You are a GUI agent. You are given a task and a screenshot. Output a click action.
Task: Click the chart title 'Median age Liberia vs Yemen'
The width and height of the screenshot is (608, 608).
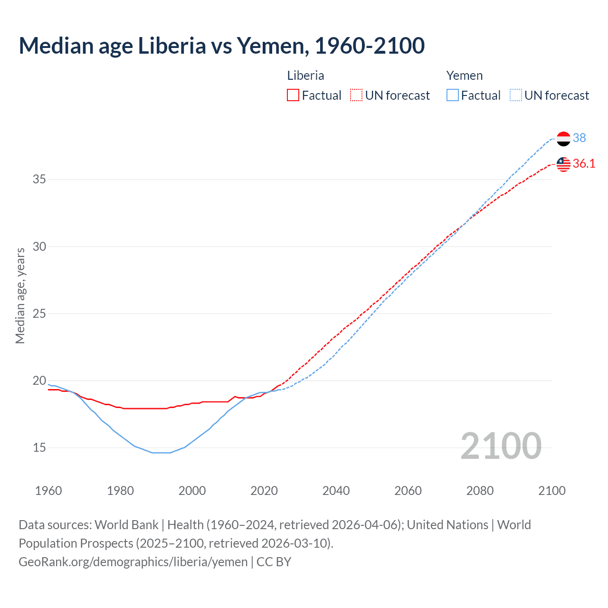pyautogui.click(x=221, y=46)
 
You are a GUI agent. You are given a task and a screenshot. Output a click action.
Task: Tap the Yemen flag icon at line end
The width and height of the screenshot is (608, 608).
pyautogui.click(x=563, y=139)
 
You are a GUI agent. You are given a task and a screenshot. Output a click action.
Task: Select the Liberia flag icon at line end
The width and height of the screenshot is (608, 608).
pyautogui.click(x=563, y=164)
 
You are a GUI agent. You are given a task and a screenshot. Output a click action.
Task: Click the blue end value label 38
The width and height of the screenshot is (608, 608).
pyautogui.click(x=579, y=138)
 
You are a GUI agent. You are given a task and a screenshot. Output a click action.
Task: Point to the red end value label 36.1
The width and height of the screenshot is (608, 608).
pyautogui.click(x=584, y=163)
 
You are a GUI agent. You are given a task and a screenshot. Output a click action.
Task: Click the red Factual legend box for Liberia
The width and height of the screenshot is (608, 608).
pyautogui.click(x=293, y=95)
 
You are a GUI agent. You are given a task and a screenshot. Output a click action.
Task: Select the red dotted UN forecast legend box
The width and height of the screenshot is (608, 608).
pyautogui.click(x=356, y=95)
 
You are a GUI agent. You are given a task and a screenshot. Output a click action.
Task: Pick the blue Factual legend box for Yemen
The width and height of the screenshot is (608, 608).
pyautogui.click(x=453, y=95)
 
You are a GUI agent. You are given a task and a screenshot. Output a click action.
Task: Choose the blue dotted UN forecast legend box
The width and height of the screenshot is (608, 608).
pyautogui.click(x=516, y=95)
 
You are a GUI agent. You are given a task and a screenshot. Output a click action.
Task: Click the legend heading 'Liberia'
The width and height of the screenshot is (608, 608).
pyautogui.click(x=305, y=76)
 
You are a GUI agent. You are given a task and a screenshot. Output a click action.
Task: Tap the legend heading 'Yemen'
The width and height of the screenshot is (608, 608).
pyautogui.click(x=464, y=76)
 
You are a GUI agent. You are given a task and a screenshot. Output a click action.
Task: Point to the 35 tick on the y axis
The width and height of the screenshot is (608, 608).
pyautogui.click(x=39, y=180)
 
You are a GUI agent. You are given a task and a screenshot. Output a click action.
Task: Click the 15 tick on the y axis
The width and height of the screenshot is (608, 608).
pyautogui.click(x=39, y=447)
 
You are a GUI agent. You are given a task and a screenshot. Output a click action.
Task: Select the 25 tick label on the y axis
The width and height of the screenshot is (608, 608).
pyautogui.click(x=39, y=313)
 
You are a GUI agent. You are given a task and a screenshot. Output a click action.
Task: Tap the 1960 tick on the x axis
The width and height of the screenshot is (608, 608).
pyautogui.click(x=48, y=491)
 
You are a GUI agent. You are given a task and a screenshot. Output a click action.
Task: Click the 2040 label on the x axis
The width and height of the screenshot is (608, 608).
pyautogui.click(x=336, y=491)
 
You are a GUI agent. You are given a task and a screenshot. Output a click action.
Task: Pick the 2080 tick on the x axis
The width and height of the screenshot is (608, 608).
pyautogui.click(x=480, y=491)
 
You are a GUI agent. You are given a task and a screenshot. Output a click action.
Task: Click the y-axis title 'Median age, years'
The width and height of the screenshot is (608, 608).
pyautogui.click(x=20, y=295)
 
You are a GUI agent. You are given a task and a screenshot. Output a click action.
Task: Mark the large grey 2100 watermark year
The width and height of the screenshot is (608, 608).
pyautogui.click(x=501, y=446)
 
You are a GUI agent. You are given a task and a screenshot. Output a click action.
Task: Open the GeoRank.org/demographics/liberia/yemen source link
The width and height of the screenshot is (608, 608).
pyautogui.click(x=133, y=562)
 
